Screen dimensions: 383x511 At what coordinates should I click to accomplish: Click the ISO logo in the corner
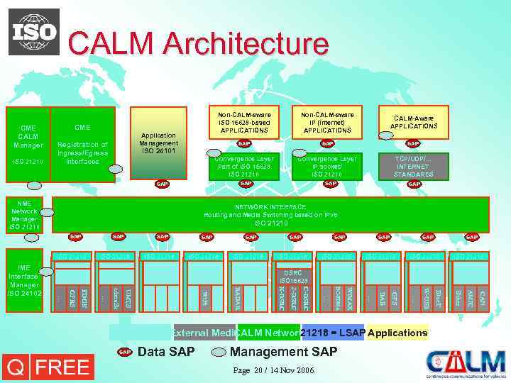pos(34,32)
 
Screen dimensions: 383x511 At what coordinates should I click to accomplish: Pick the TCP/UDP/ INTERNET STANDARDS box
pos(414,165)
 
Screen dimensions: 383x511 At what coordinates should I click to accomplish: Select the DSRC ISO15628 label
pos(292,275)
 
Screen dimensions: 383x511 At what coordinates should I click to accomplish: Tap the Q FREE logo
pos(48,367)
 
